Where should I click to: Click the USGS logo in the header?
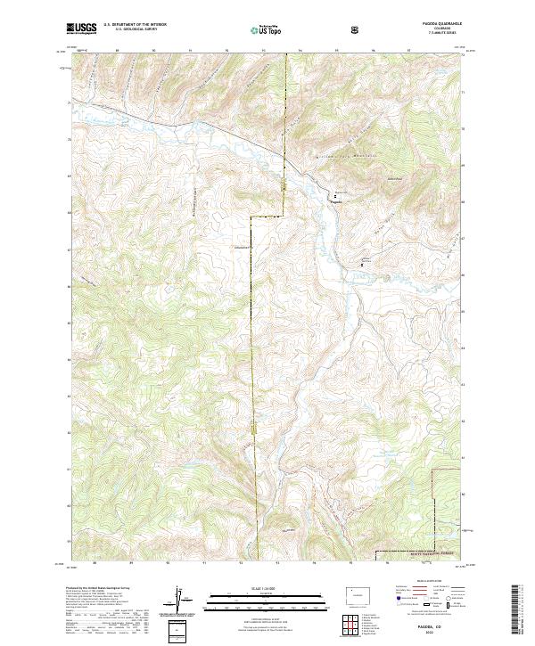click(81, 29)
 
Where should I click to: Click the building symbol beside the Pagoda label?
click(336, 195)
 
